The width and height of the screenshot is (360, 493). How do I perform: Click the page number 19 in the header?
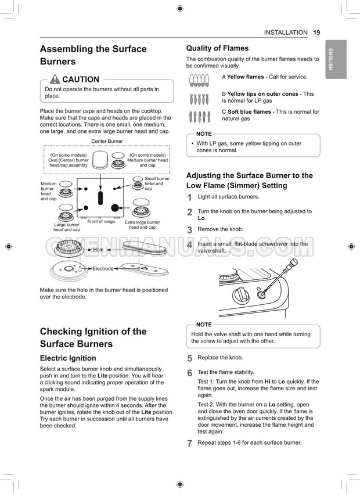(316, 33)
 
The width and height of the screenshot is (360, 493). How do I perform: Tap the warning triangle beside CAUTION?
(55, 80)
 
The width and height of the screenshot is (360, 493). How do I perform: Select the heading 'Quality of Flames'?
(217, 48)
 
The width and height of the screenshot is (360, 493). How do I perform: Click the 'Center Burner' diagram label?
(107, 141)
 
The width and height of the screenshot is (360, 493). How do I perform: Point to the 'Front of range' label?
(101, 221)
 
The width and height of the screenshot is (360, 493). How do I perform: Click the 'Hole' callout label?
(98, 250)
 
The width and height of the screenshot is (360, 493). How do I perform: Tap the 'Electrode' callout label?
(103, 268)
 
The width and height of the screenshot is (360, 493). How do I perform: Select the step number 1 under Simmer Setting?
(189, 198)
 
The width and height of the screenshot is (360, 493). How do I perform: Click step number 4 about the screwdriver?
(189, 245)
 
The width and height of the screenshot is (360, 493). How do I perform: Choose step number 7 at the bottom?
(189, 444)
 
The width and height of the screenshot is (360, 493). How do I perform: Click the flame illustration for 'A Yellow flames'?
(199, 80)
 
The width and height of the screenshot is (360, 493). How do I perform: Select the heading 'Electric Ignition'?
(68, 358)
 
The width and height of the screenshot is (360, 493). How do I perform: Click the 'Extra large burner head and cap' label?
(142, 225)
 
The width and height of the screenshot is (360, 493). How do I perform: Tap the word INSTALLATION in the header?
(286, 33)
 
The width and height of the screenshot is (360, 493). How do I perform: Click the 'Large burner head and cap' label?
(67, 227)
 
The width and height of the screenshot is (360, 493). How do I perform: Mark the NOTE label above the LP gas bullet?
(204, 134)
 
